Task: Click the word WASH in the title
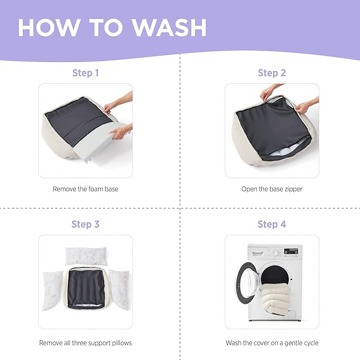170,28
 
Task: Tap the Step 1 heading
85,73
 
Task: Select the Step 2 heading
272,73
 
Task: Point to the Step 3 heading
85,224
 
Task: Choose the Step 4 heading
272,224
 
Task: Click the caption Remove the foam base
85,189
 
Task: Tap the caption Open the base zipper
272,189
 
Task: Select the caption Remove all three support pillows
85,343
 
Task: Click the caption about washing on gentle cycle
272,343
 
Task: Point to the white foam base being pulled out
99,141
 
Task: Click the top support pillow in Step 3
86,256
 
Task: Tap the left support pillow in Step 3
52,291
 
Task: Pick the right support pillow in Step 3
120,289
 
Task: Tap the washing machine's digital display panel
291,251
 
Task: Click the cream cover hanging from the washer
275,298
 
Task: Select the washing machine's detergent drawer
258,254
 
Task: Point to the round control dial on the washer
275,252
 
